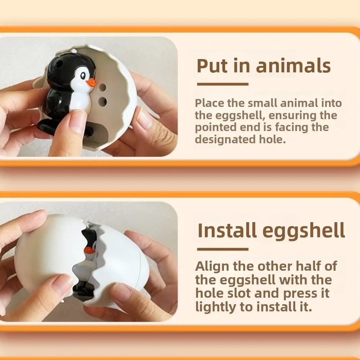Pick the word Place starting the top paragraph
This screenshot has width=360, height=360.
[210, 103]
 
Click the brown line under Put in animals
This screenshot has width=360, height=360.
[223, 84]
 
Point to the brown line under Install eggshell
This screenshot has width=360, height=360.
[223, 249]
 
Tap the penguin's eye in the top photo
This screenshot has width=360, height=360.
[84, 76]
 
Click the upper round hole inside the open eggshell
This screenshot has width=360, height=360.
[103, 87]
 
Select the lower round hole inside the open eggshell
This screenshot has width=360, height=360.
[103, 102]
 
